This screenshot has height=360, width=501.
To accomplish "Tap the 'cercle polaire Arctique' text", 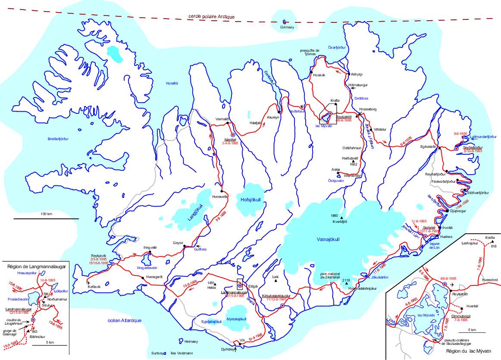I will (211, 16).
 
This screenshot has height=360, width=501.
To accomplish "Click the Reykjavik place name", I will (99, 255).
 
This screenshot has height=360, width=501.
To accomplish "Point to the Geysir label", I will (178, 243).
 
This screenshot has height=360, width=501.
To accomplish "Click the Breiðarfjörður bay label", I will (58, 139).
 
